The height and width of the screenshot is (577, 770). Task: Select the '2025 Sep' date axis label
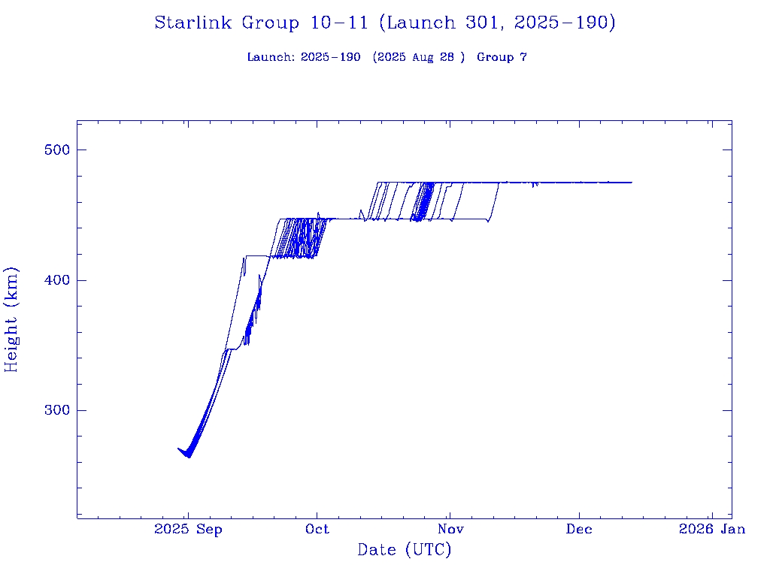(188, 530)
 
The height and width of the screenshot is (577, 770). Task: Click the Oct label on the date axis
(317, 530)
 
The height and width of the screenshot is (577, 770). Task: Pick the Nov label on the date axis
(449, 530)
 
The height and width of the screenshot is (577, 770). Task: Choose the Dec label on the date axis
(580, 530)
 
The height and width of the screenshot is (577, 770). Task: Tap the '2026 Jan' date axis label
(712, 530)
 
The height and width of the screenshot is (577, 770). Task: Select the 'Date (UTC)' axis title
(405, 551)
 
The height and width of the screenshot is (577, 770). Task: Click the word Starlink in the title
(194, 23)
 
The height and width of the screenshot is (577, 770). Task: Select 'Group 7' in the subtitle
(502, 58)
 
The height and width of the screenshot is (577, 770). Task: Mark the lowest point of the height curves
(189, 457)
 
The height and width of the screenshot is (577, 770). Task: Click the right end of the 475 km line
(632, 183)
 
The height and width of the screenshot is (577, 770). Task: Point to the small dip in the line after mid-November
(534, 186)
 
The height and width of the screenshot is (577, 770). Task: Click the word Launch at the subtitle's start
(269, 58)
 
